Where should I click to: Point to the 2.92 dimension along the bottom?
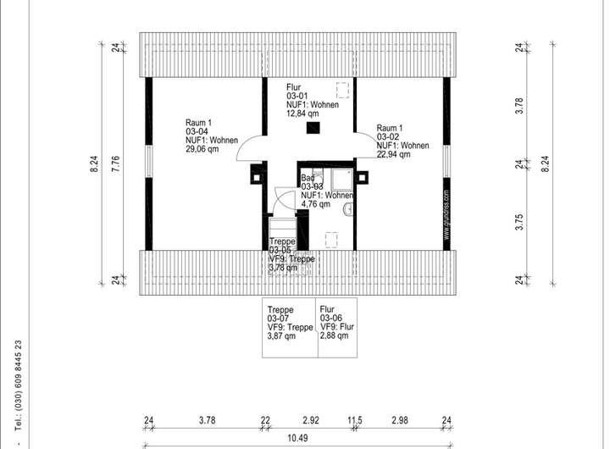coord(310,419)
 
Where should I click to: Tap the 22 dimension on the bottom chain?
coord(265,419)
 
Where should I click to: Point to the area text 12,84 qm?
coord(303,114)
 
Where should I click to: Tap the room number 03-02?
coord(389,136)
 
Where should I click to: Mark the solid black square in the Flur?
coord(314,128)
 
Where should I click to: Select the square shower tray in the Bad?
coord(341,179)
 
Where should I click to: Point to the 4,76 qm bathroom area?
coord(318,204)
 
